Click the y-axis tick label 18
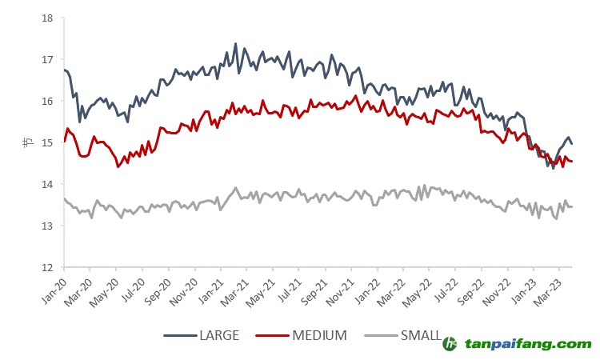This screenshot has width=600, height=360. click(x=47, y=18)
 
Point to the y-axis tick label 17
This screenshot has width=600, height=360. click(x=47, y=59)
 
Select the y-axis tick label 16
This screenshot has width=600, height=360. click(x=47, y=101)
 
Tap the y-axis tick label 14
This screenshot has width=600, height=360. click(x=47, y=184)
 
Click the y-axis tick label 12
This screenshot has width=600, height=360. click(x=47, y=267)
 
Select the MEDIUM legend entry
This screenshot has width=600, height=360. click(x=318, y=336)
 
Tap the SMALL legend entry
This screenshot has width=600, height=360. click(x=421, y=336)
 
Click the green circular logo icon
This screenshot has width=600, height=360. click(x=450, y=343)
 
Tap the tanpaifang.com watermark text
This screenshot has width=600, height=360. click(x=528, y=343)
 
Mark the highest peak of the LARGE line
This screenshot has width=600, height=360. click(x=235, y=43)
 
